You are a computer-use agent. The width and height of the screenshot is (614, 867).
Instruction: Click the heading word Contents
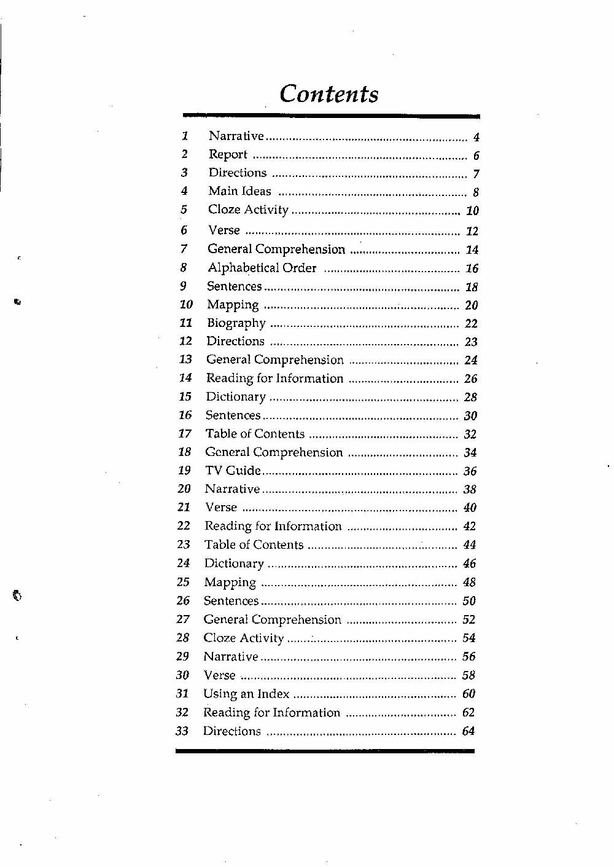pyautogui.click(x=329, y=94)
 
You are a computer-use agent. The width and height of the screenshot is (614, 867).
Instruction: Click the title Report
pyautogui.click(x=228, y=155)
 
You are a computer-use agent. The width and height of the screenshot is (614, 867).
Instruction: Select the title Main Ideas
pyautogui.click(x=239, y=191)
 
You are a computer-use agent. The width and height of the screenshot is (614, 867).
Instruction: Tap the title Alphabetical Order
pyautogui.click(x=262, y=268)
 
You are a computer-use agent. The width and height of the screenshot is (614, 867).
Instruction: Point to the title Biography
pyautogui.click(x=236, y=323)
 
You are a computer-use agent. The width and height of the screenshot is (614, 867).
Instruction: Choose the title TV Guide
pyautogui.click(x=233, y=471)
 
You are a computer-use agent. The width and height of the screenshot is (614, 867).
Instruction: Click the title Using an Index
pyautogui.click(x=246, y=694)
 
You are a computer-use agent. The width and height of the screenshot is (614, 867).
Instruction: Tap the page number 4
pyautogui.click(x=476, y=138)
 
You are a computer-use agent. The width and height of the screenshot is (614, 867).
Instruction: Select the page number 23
pyautogui.click(x=471, y=342)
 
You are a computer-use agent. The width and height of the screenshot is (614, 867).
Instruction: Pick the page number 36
pyautogui.click(x=470, y=471)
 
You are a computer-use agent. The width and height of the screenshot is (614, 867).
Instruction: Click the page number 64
pyautogui.click(x=468, y=731)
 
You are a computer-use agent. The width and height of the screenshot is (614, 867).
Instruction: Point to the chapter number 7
pyautogui.click(x=184, y=249)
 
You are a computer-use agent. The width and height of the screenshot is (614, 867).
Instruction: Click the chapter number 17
pyautogui.click(x=185, y=434)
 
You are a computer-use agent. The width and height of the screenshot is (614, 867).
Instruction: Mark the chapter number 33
pyautogui.click(x=182, y=731)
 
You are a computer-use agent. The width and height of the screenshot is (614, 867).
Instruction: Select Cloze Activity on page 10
pyautogui.click(x=248, y=210)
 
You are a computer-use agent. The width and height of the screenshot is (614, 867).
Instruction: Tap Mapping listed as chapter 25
pyautogui.click(x=230, y=583)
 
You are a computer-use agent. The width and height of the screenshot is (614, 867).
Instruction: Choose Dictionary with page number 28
pyautogui.click(x=236, y=397)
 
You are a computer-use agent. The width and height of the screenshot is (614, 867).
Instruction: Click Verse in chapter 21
pyautogui.click(x=221, y=508)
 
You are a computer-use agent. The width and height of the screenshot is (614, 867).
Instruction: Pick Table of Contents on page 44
pyautogui.click(x=254, y=545)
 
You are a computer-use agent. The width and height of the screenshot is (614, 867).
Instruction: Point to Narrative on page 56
pyautogui.click(x=231, y=657)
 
